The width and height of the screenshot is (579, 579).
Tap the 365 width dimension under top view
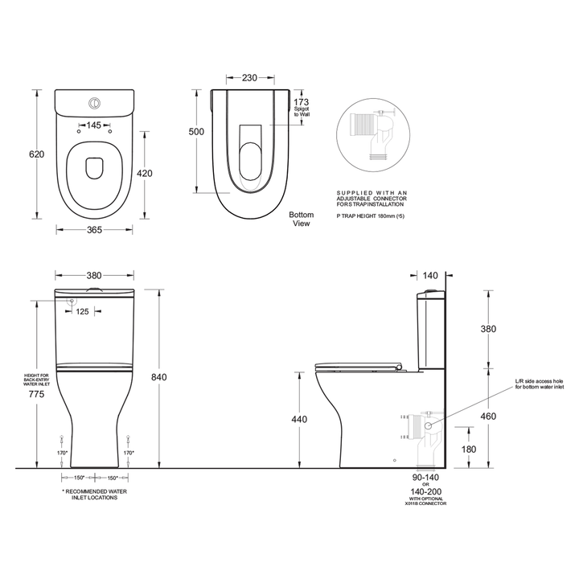tap(94, 230)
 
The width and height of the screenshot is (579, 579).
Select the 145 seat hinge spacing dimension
tap(94, 125)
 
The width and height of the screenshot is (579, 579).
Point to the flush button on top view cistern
tap(94, 102)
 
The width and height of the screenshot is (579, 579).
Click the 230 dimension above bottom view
tap(250, 78)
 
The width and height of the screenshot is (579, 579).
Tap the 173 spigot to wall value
tap(301, 103)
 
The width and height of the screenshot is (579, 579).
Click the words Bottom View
tap(302, 220)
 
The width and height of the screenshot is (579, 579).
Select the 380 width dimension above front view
tap(94, 273)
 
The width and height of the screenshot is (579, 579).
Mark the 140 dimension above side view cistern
tap(430, 276)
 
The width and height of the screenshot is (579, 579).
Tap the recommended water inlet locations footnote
tap(94, 494)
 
